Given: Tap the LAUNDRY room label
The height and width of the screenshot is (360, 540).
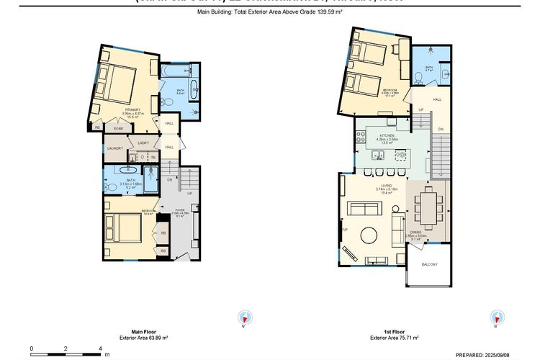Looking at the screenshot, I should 115,149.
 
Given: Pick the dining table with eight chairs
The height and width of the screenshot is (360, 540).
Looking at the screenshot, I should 428,207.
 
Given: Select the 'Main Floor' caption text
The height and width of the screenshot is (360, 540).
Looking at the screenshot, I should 135,331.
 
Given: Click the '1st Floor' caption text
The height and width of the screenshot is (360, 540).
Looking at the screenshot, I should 388,331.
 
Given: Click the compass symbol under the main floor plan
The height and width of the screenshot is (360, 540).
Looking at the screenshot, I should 244,318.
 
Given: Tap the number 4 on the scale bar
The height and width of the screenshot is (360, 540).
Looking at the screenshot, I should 100,348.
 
